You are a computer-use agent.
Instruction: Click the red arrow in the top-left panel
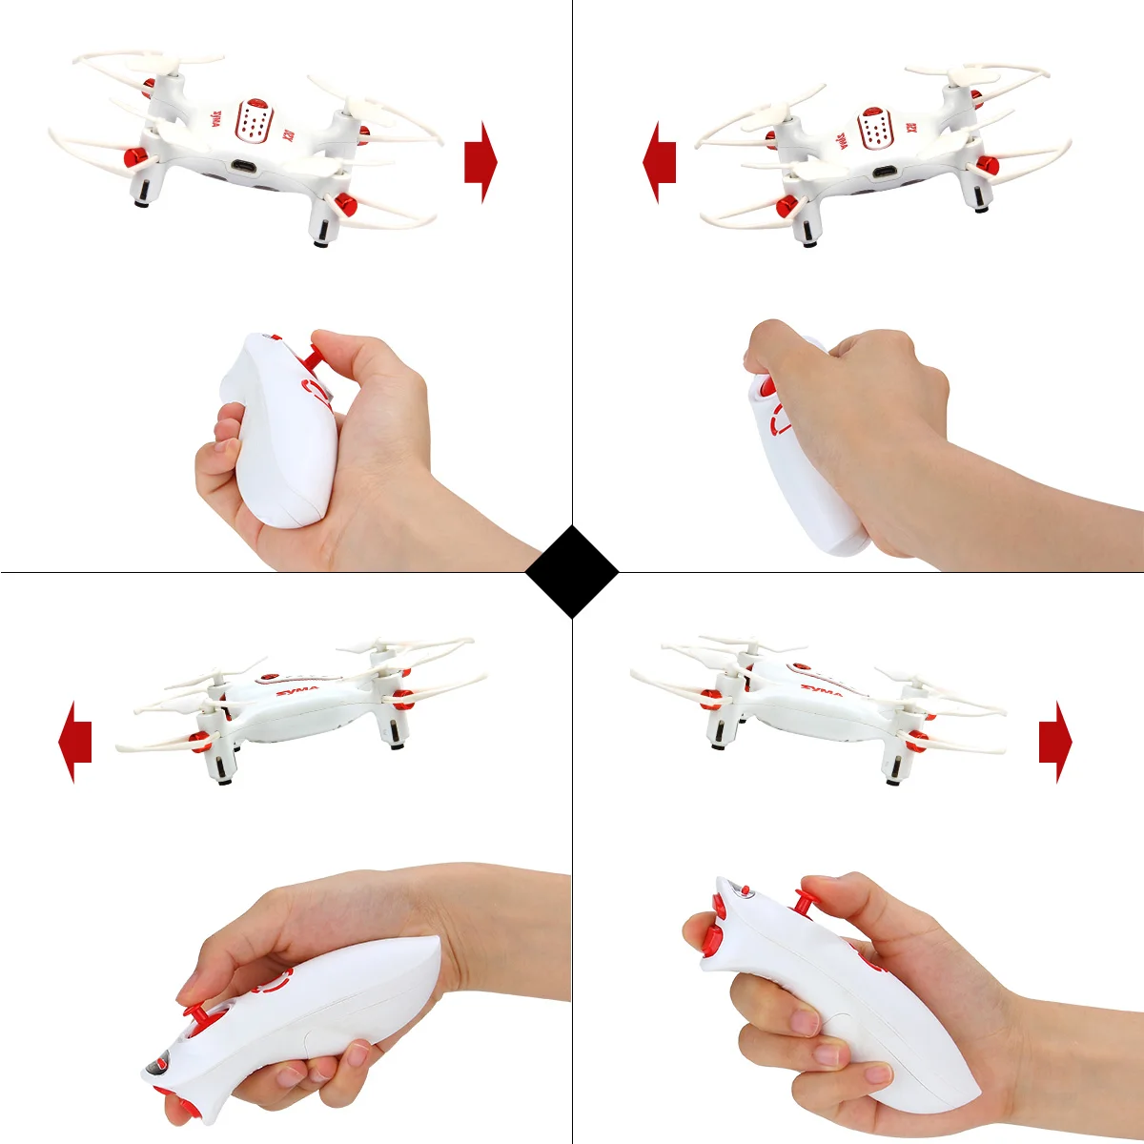point(480,162)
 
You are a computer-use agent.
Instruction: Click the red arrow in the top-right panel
point(660,162)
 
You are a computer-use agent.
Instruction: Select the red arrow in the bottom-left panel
point(75,741)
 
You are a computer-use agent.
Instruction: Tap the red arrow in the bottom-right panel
point(1055,741)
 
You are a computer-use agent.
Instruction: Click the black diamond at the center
point(572,572)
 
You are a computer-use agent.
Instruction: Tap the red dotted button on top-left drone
point(254,122)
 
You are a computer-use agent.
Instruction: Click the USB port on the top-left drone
point(243,169)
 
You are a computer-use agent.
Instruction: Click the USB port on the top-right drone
point(885,173)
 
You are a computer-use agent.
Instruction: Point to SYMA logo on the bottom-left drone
point(297,688)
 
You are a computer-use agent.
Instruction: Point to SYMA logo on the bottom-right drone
point(821,688)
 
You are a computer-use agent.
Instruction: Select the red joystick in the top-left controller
point(311,359)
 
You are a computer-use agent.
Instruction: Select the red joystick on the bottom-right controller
point(808,901)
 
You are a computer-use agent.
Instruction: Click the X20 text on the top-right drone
point(909,128)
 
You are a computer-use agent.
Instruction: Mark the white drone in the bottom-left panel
point(305,710)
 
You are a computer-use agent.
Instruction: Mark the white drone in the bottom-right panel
point(820,710)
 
